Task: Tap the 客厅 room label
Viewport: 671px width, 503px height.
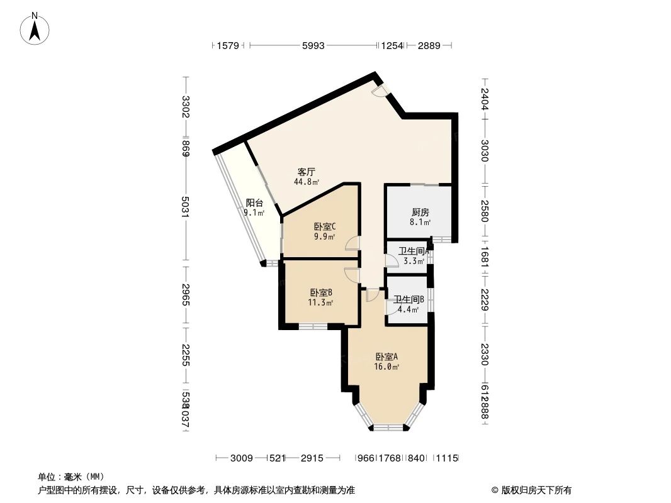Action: coord(306,171)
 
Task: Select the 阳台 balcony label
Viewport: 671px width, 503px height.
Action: coord(254,202)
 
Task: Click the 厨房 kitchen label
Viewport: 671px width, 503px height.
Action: coord(420,212)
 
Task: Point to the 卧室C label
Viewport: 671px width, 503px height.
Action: coord(324,227)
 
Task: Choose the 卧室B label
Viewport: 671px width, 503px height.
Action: coord(321,292)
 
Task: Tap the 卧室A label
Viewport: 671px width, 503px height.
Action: coord(387,357)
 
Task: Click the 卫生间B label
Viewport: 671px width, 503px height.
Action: coord(409,299)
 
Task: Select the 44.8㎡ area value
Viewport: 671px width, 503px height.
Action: coord(306,182)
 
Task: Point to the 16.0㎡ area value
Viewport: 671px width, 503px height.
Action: coord(386,367)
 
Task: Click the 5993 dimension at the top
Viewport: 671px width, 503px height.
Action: coord(313,45)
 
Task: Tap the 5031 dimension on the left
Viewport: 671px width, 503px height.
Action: coord(185,208)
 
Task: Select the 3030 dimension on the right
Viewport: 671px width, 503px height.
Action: coord(484,150)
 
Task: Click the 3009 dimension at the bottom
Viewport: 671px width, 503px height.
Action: coord(241,458)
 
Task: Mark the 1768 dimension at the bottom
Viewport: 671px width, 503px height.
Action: coord(389,458)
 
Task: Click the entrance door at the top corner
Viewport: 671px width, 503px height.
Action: coord(379,91)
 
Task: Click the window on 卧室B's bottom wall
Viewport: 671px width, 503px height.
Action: coord(312,326)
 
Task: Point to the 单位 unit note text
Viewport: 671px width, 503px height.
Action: coord(70,477)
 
